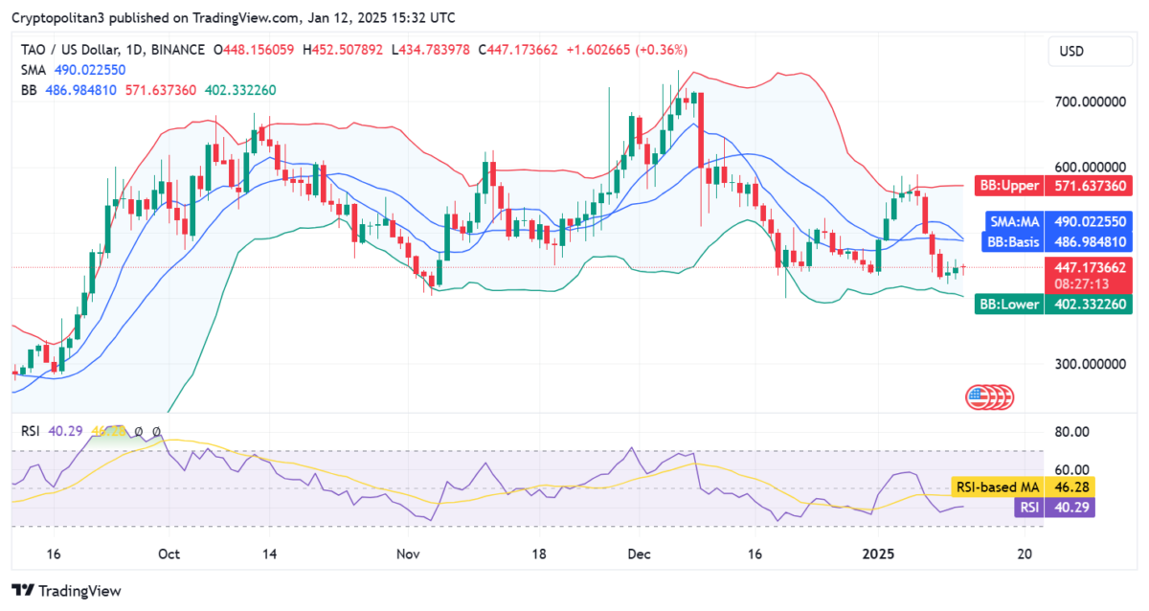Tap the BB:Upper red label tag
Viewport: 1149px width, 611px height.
1008,184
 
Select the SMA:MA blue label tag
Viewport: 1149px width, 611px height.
1014,221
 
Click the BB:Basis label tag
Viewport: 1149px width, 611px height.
1013,241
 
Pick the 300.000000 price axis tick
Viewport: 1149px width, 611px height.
1089,365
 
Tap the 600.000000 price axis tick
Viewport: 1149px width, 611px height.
1089,167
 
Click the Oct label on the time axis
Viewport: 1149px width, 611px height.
169,554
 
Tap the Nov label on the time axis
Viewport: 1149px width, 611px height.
409,554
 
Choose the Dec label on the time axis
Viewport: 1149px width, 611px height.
639,554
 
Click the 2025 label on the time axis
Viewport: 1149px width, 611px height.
878,554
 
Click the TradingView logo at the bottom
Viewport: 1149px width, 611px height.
66,591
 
